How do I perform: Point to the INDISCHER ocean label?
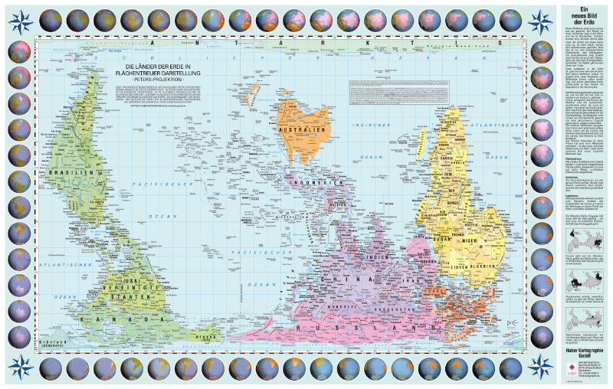371,125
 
